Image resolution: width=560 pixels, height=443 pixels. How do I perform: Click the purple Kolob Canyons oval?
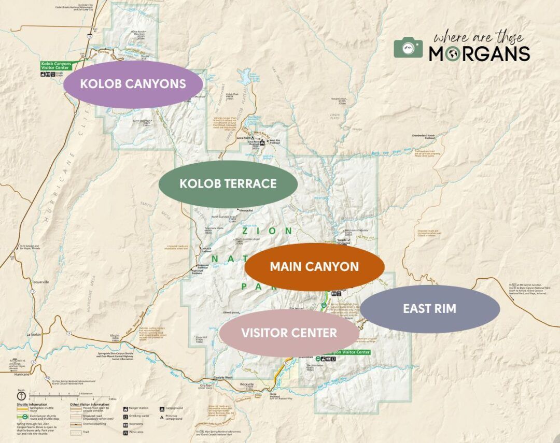133,84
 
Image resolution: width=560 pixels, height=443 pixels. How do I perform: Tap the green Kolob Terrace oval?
228,183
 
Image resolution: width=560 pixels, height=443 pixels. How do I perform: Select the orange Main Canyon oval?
314,267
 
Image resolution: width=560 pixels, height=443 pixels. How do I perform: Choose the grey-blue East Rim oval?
430,309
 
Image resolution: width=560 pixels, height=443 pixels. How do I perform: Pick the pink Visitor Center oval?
289,333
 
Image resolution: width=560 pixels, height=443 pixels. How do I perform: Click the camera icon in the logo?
408,48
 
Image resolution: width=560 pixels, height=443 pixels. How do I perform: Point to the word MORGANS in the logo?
479,53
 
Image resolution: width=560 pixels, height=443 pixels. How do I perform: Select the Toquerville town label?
39,282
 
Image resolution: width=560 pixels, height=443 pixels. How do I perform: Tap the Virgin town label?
115,336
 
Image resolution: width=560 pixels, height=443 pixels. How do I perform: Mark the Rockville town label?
247,384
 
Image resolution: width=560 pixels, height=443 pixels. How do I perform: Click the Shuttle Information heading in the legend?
32,404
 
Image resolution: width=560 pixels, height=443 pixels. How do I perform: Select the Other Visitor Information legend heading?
90,404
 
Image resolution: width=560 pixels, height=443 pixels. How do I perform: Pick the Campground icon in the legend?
163,408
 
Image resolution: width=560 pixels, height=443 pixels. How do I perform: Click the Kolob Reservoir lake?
243,78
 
